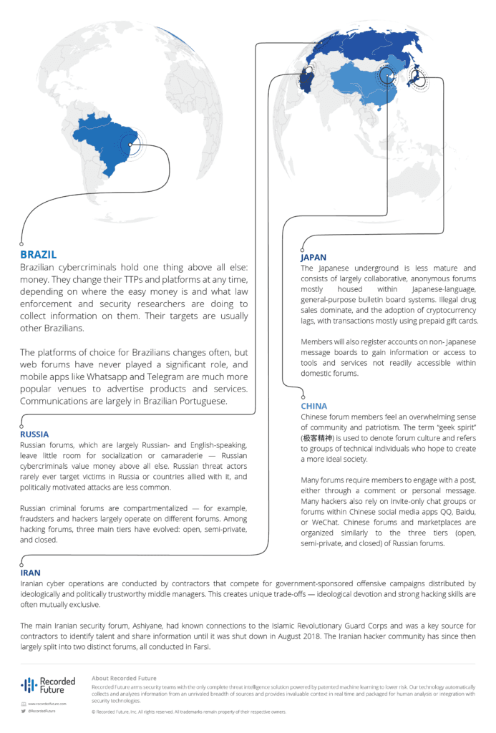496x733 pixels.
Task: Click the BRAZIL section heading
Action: point(38,255)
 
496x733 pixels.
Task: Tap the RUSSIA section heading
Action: point(34,434)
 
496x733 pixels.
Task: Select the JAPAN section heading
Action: point(313,257)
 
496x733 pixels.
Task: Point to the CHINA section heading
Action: point(314,406)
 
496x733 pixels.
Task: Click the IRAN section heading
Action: point(30,573)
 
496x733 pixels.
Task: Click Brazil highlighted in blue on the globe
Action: point(111,151)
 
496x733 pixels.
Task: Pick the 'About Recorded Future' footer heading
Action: point(124,678)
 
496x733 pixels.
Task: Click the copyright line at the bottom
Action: point(189,712)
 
